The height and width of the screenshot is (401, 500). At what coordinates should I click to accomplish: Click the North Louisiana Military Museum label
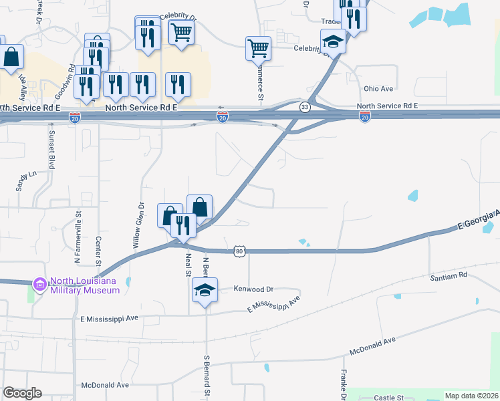pyautogui.click(x=79, y=285)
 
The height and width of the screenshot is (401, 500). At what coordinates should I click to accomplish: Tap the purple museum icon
pyautogui.click(x=40, y=285)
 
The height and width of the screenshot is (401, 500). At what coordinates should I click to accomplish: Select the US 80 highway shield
pyautogui.click(x=240, y=251)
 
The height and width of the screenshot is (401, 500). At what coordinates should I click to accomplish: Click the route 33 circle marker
pyautogui.click(x=305, y=107)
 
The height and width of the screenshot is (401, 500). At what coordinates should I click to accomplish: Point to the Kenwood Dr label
pyautogui.click(x=254, y=289)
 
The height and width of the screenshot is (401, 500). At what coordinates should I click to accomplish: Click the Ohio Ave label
pyautogui.click(x=378, y=88)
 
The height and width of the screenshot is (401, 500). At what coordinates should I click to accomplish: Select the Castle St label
pyautogui.click(x=389, y=398)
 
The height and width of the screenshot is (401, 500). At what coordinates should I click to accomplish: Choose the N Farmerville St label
pyautogui.click(x=78, y=230)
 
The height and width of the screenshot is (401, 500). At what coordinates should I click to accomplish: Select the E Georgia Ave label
pyautogui.click(x=478, y=221)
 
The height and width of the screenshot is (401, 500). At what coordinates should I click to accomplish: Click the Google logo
pyautogui.click(x=22, y=393)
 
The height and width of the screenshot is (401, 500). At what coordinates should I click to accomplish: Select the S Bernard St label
pyautogui.click(x=206, y=376)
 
